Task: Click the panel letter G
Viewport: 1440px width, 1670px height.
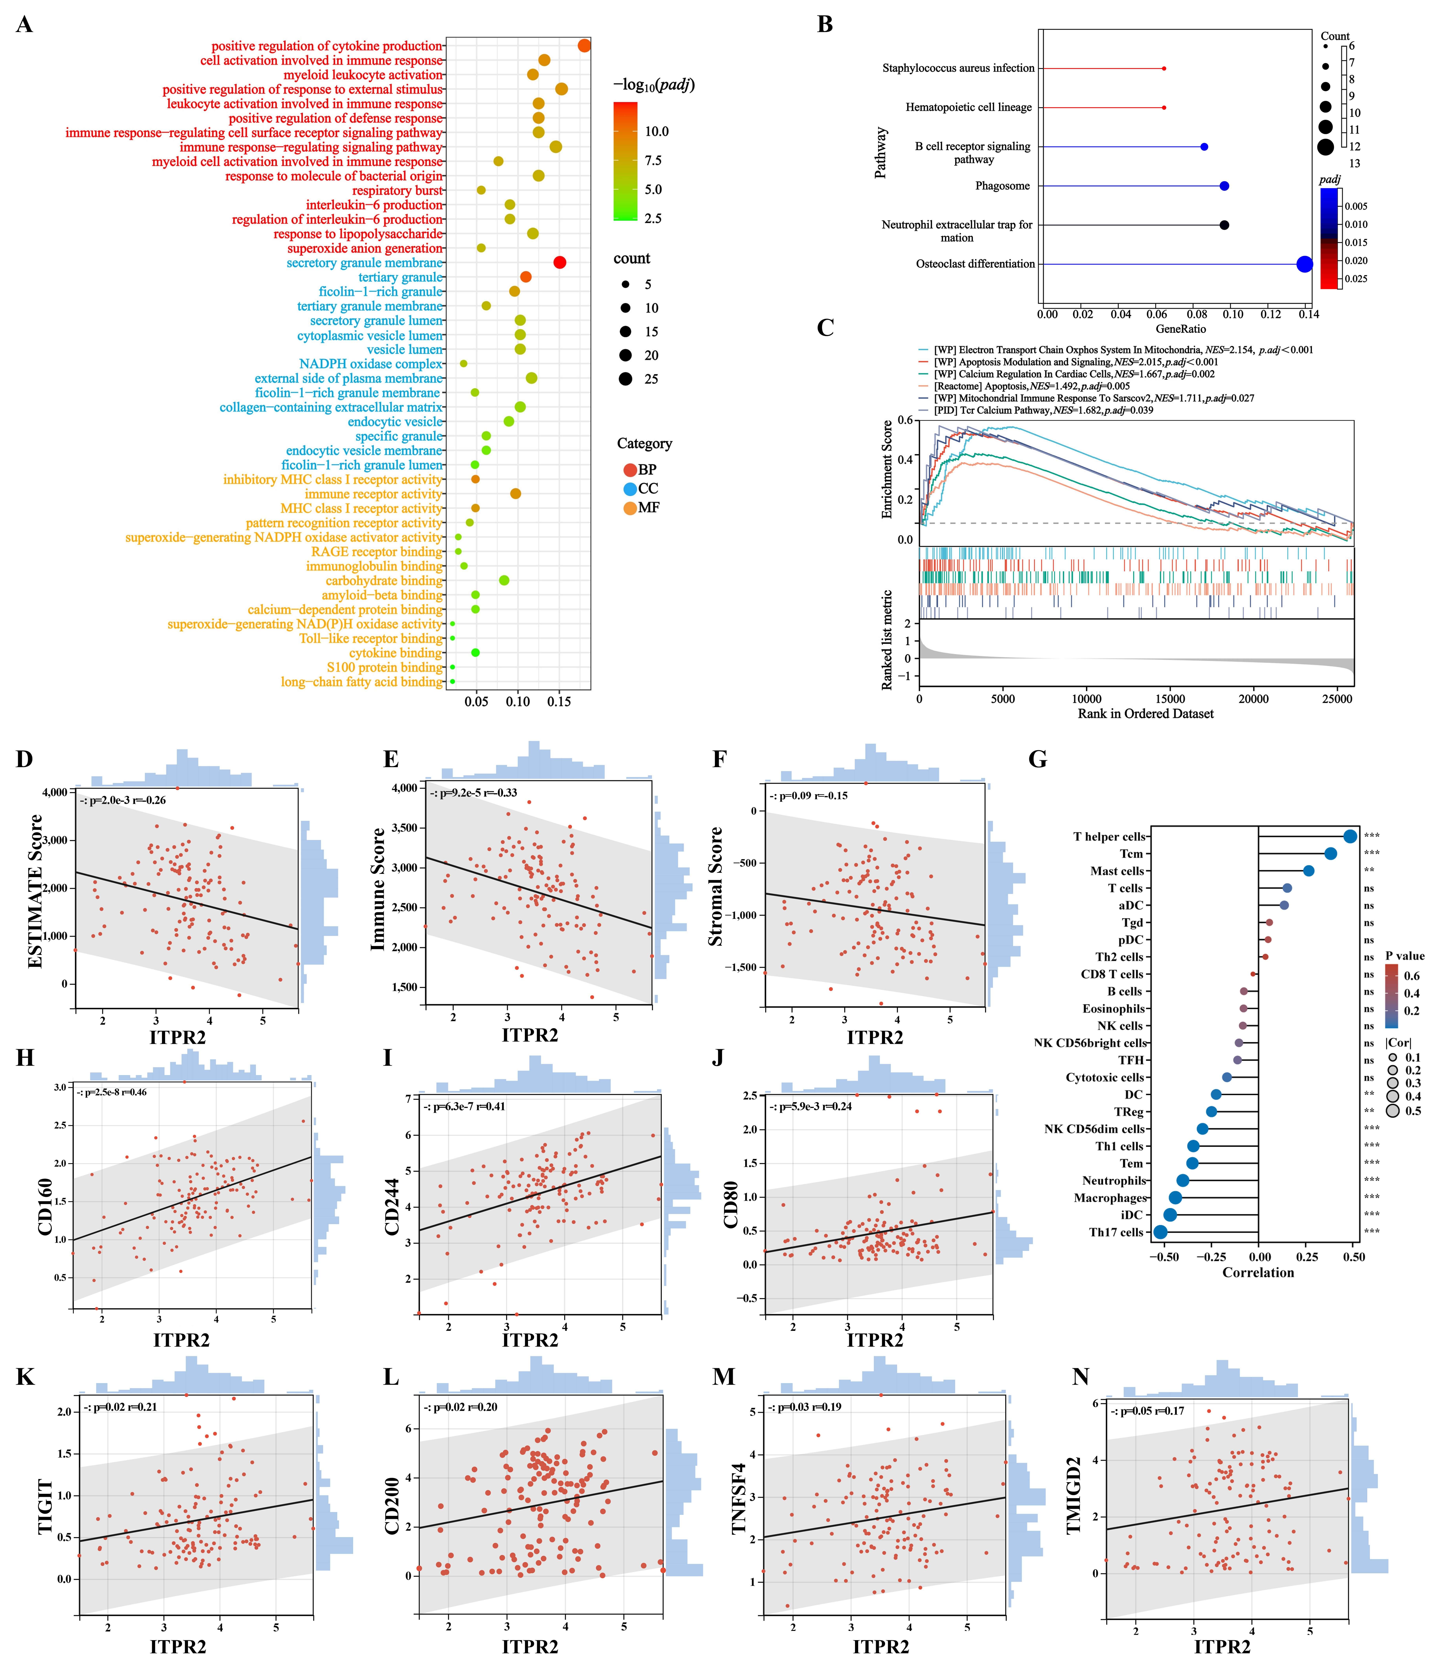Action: [x=1038, y=759]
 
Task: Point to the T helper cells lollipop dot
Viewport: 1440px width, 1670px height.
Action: [x=1350, y=837]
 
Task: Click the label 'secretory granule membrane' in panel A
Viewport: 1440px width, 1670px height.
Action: [x=364, y=263]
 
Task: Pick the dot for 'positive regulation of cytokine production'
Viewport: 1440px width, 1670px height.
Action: [x=584, y=46]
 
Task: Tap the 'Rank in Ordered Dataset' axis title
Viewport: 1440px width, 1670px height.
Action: [x=1145, y=713]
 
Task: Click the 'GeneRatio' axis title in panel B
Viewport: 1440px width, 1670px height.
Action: [x=1181, y=329]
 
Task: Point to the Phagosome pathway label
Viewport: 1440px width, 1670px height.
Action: [x=1002, y=186]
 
